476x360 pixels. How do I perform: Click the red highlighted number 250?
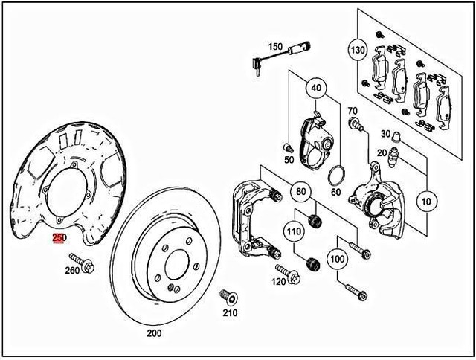tap(59, 238)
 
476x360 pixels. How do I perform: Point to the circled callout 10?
tap(425, 202)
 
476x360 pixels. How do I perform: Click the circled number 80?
tap(301, 193)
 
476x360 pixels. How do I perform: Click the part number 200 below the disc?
tap(154, 333)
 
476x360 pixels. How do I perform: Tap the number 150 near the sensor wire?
tap(275, 47)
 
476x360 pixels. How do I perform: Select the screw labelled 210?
tap(228, 298)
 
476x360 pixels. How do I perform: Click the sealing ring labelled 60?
tap(336, 176)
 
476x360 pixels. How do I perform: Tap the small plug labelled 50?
tap(288, 147)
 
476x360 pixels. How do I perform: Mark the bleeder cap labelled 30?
tap(397, 135)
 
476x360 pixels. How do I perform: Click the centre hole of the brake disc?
tap(178, 263)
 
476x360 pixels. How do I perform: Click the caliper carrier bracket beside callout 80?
tap(251, 212)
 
